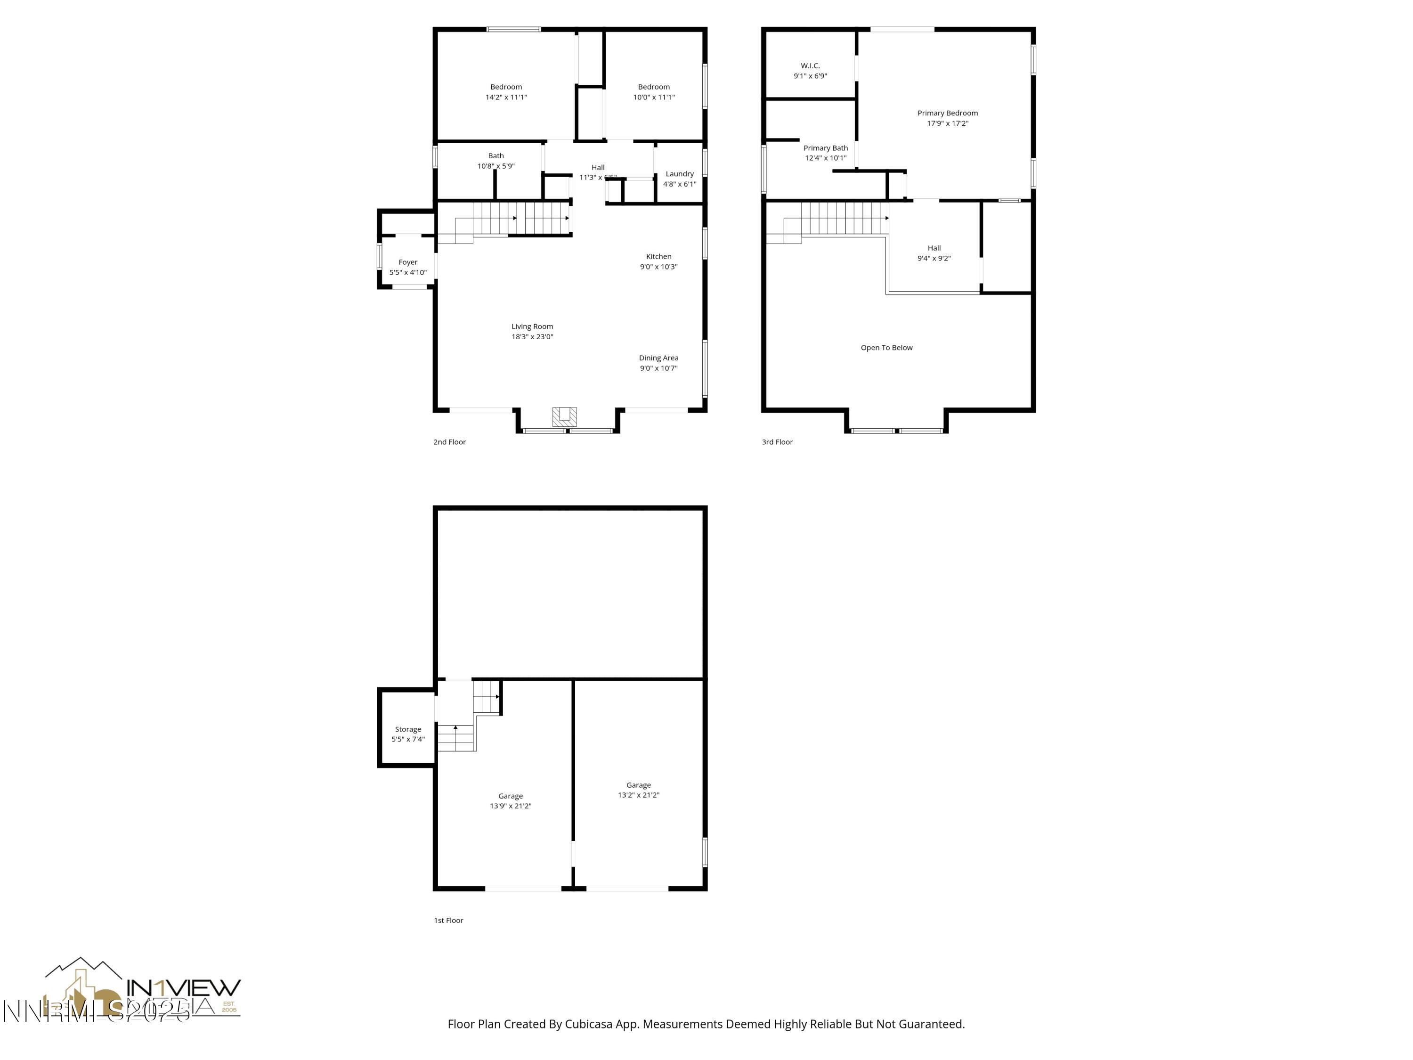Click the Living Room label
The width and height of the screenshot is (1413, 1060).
tap(532, 326)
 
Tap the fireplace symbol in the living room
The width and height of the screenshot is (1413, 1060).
tap(564, 416)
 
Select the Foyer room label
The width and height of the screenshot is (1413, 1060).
tap(407, 262)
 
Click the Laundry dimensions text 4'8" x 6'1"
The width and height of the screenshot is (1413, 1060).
tap(679, 184)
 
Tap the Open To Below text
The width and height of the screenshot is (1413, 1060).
tap(886, 348)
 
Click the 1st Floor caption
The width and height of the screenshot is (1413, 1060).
tap(448, 920)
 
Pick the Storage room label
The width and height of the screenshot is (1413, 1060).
tap(407, 729)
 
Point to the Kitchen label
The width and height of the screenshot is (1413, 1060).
tap(658, 257)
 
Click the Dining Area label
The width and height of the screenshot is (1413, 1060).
tap(658, 358)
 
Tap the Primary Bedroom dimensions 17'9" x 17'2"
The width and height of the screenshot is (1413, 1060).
tap(947, 123)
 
